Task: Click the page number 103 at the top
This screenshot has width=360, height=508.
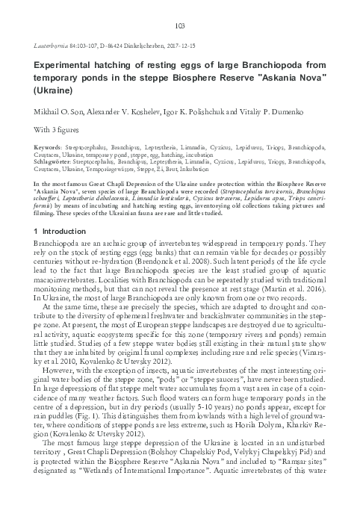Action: point(179,25)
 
